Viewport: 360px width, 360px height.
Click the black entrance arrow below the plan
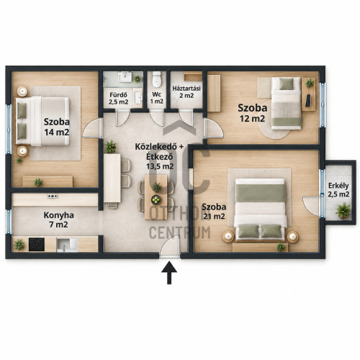pos(169,273)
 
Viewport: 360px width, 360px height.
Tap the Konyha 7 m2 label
pos(58,220)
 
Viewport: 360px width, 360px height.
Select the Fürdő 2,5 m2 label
pos(118,99)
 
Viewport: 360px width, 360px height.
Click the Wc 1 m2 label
pos(157,98)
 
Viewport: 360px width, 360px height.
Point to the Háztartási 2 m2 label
pos(186,92)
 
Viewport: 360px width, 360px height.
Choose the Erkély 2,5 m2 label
pos(338,190)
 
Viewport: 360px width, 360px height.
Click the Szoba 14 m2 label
pos(57,127)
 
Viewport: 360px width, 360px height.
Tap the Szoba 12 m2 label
pos(253,113)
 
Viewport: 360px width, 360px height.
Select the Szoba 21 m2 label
pos(214,212)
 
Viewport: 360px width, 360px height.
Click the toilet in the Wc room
pos(157,78)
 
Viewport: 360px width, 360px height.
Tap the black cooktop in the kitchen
pos(37,244)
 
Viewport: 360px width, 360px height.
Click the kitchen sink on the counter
pos(67,245)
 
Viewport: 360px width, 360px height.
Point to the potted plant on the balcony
pos(343,210)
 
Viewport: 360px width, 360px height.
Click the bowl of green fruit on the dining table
pos(156,199)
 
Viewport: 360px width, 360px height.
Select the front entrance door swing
pos(170,246)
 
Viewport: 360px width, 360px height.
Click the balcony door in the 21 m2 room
pos(312,206)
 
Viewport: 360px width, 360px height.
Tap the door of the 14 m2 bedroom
pos(92,128)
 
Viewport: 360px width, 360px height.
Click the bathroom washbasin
pos(125,77)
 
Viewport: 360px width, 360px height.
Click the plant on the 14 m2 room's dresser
pos(38,182)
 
